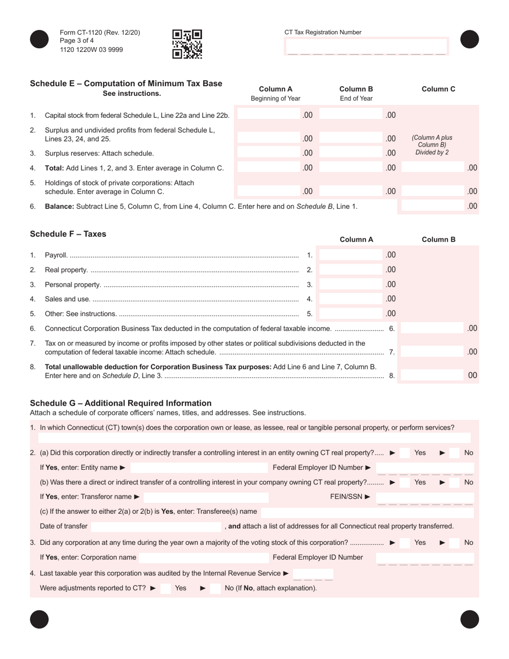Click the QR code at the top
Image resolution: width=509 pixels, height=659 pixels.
(x=187, y=43)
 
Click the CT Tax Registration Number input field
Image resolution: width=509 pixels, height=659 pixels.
(x=366, y=47)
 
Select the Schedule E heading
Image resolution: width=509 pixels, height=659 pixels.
(x=126, y=84)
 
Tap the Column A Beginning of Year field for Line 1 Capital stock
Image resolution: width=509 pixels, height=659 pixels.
(x=268, y=115)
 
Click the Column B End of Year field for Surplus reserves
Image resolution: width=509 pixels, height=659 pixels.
(x=351, y=153)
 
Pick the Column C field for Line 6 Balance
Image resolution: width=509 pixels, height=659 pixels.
(x=432, y=206)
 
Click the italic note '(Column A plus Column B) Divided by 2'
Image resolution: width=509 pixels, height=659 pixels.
(x=432, y=145)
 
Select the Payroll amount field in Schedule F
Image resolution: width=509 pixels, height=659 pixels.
(x=351, y=255)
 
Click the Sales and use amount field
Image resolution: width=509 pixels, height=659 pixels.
(x=351, y=299)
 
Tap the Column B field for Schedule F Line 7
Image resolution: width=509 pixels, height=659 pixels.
(x=432, y=351)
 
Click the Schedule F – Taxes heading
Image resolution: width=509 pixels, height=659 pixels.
(x=68, y=234)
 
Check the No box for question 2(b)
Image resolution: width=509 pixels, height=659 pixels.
(x=454, y=482)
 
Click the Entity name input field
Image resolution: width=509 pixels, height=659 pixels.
(x=198, y=468)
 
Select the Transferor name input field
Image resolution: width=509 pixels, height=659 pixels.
(x=206, y=497)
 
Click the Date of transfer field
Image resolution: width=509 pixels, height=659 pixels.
(x=156, y=526)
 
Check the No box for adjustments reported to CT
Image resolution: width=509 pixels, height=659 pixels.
(x=215, y=588)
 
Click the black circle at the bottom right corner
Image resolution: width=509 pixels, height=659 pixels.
(x=469, y=619)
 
